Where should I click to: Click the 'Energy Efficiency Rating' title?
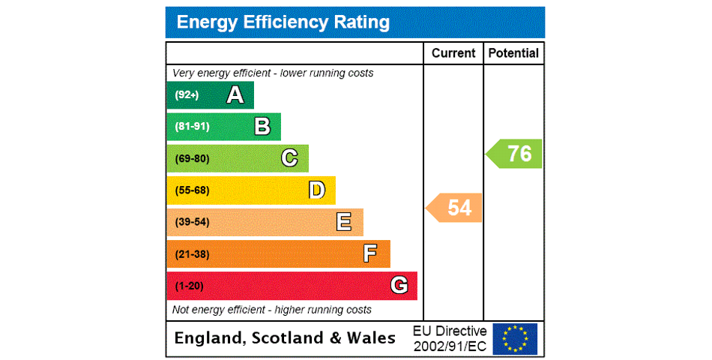tap(283, 22)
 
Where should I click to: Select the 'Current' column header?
tap(453, 53)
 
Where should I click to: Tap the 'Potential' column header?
tap(513, 53)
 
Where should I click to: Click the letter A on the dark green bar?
tap(235, 95)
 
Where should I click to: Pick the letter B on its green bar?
tap(262, 127)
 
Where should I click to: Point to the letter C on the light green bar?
tap(289, 158)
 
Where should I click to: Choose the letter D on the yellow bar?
tap(317, 190)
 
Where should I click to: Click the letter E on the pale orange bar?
tap(344, 222)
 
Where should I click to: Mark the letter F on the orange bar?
tap(370, 253)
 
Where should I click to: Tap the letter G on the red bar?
tap(399, 286)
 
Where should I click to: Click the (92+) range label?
tap(187, 95)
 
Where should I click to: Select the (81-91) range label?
tap(192, 127)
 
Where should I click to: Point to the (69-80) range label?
tap(192, 158)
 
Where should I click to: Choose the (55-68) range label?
tap(192, 190)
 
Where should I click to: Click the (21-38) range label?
tap(192, 254)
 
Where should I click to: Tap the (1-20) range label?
tap(189, 286)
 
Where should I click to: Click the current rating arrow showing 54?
tap(455, 208)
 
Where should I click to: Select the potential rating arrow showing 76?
tap(515, 154)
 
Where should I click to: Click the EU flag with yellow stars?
tap(515, 338)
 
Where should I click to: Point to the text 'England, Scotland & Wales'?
tap(285, 338)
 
